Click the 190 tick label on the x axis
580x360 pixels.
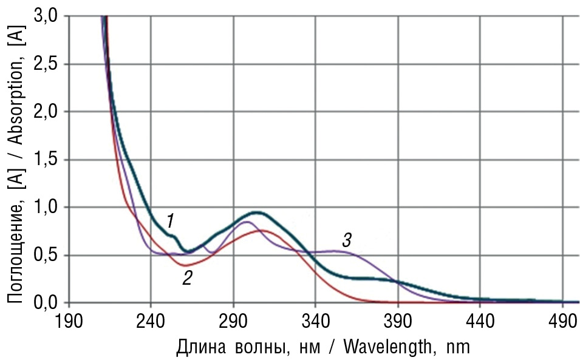pyautogui.click(x=69, y=321)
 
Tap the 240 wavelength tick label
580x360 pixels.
pyautogui.click(x=151, y=321)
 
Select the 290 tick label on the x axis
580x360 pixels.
pyautogui.click(x=233, y=321)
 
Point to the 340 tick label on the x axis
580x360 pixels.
pyautogui.click(x=315, y=321)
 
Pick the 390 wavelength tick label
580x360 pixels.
pyautogui.click(x=398, y=321)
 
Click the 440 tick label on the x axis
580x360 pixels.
pyautogui.click(x=480, y=321)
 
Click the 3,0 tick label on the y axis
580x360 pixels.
pyautogui.click(x=47, y=16)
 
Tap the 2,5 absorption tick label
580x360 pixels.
pyautogui.click(x=47, y=64)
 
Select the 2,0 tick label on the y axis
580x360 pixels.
pyautogui.click(x=47, y=112)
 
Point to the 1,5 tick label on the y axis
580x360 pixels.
pyautogui.click(x=47, y=160)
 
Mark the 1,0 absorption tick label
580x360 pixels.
pyautogui.click(x=47, y=208)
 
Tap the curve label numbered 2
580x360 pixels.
pyautogui.click(x=188, y=278)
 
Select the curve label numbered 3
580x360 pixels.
pyautogui.click(x=346, y=240)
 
